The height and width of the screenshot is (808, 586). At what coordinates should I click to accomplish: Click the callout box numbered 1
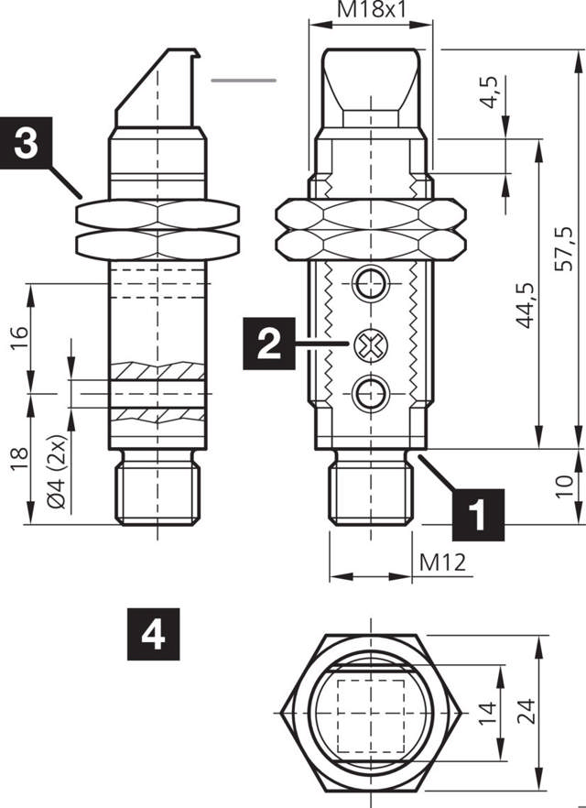point(476,512)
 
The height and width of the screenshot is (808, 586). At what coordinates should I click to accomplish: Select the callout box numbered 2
point(268,344)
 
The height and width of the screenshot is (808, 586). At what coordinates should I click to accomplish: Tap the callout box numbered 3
point(27,144)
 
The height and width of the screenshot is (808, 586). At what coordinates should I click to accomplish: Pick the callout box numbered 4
point(153,632)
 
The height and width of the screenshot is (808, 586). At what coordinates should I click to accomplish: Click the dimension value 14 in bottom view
point(487,712)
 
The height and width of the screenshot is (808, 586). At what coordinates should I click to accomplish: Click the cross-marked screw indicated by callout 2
point(371,345)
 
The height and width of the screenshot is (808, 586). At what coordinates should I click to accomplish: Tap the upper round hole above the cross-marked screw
point(371,284)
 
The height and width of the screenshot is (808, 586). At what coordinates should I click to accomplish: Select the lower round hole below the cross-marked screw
point(371,395)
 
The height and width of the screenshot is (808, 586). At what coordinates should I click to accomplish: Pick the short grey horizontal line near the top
point(244,81)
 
